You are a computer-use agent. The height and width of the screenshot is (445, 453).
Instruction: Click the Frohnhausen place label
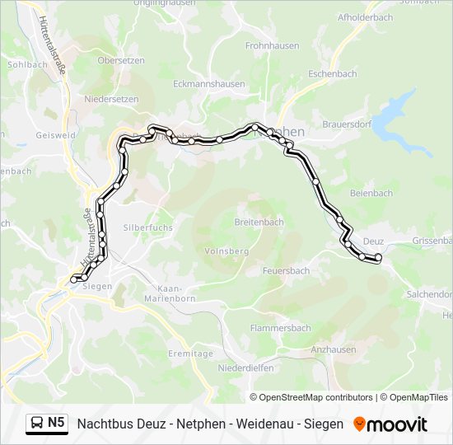[x=273, y=47]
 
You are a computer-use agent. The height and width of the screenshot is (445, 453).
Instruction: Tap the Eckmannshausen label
[x=209, y=83]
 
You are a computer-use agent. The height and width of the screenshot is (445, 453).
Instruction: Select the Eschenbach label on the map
[x=332, y=73]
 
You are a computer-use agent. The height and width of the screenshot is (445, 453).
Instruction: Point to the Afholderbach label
[x=365, y=16]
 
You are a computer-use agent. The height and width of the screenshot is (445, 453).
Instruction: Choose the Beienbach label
[x=371, y=193]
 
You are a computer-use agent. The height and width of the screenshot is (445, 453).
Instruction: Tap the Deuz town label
[x=373, y=241]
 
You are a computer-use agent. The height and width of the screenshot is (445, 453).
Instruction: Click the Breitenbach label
[x=259, y=222]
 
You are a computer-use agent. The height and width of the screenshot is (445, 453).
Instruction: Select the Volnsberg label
[x=226, y=251]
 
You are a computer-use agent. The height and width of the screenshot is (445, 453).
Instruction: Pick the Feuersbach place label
[x=286, y=270]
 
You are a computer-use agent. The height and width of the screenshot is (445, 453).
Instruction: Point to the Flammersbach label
[x=280, y=327]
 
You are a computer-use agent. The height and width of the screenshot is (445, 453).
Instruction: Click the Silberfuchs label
[x=147, y=226]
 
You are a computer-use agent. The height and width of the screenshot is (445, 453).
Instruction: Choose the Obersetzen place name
[x=121, y=60]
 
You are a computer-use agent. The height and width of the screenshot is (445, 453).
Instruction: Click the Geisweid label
[x=55, y=134]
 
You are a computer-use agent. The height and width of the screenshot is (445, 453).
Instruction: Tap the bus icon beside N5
[x=38, y=424]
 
